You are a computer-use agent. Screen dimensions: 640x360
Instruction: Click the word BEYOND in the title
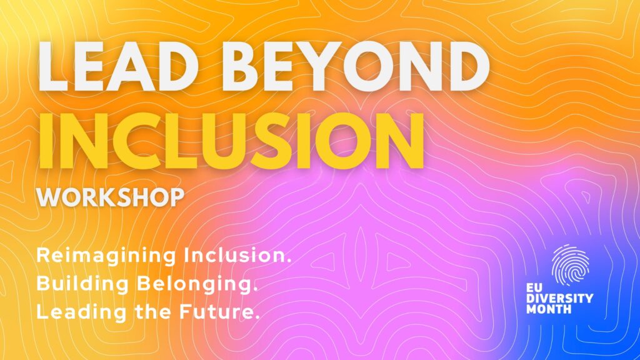tap(354, 66)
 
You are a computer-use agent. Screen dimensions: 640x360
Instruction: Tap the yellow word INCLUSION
tap(231, 141)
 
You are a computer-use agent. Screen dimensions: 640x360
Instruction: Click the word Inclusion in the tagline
tap(237, 256)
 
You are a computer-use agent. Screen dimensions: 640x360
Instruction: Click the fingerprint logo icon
tap(570, 265)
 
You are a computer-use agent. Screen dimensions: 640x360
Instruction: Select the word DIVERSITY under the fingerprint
tap(559, 298)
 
